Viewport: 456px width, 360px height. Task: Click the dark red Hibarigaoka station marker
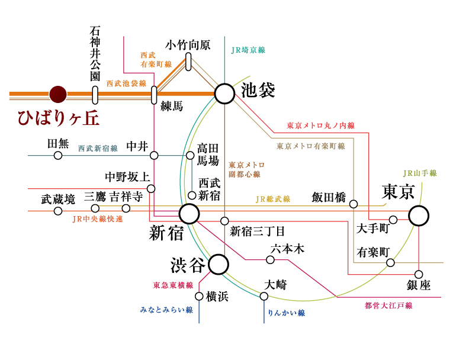(58, 94)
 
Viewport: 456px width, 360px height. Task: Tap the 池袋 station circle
(224, 94)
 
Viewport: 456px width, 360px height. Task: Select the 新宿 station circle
(190, 214)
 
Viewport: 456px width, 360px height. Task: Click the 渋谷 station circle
(218, 265)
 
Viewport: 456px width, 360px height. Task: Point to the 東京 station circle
(419, 216)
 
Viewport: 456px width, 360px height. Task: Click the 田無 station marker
(58, 156)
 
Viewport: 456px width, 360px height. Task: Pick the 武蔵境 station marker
(58, 211)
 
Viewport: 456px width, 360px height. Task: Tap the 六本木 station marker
(270, 259)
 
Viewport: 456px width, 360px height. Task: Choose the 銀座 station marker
(419, 274)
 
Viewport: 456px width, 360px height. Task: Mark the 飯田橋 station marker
(354, 204)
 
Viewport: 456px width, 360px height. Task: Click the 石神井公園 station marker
(95, 95)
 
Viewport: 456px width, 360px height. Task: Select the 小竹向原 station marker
(188, 61)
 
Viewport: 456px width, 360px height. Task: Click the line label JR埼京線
(248, 50)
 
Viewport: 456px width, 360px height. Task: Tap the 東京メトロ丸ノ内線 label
(320, 126)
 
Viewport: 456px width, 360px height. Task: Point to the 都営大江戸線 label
(388, 306)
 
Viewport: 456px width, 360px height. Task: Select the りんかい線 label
(286, 312)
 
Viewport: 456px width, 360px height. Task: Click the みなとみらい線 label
(167, 310)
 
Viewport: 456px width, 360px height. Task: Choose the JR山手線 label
(419, 173)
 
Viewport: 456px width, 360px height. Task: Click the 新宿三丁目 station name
(258, 231)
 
